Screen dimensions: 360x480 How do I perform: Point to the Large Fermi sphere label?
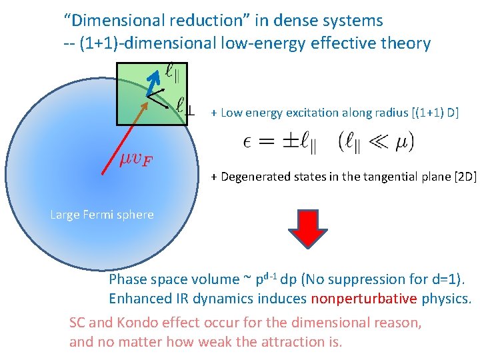[102, 215]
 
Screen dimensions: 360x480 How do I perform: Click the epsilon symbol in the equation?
[247, 141]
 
